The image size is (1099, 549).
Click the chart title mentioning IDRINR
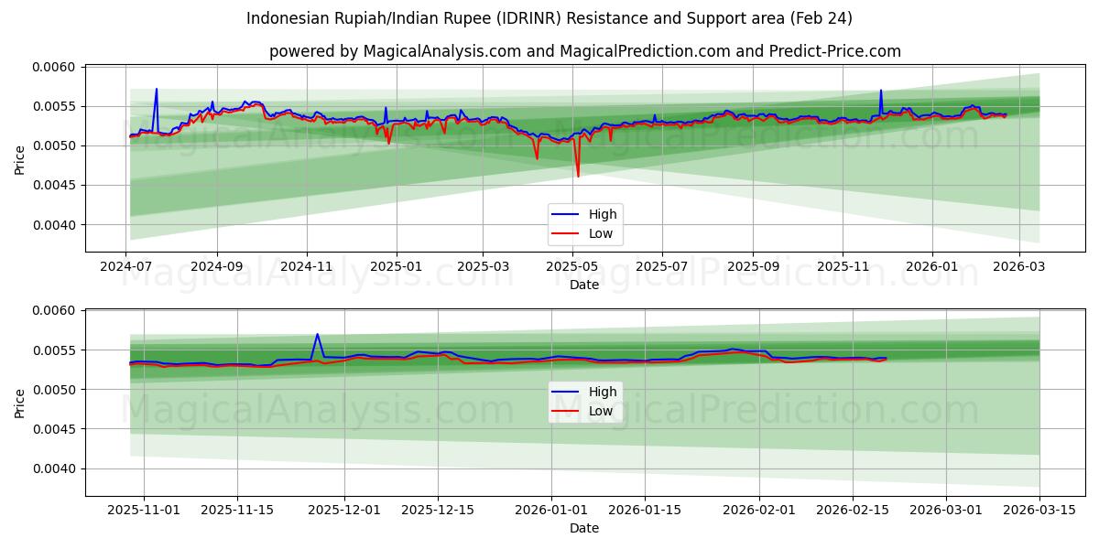pos(549,18)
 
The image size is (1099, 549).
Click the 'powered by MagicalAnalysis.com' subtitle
pos(584,51)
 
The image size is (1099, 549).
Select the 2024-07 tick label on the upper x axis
pos(126,265)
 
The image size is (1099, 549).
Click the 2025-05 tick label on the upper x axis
pos(572,265)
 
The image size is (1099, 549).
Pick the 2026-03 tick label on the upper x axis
pos(1019,265)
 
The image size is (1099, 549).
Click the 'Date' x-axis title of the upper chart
pos(584,285)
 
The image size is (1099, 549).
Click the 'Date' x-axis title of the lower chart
pos(584,528)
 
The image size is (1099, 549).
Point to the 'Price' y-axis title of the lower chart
pos(20,403)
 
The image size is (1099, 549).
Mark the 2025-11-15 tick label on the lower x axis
pos(237,510)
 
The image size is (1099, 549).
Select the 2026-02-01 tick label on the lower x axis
pos(759,510)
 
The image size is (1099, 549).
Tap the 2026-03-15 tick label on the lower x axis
pos(1039,510)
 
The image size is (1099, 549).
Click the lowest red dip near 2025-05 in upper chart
pos(578,176)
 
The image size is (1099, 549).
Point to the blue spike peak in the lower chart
pos(317,334)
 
